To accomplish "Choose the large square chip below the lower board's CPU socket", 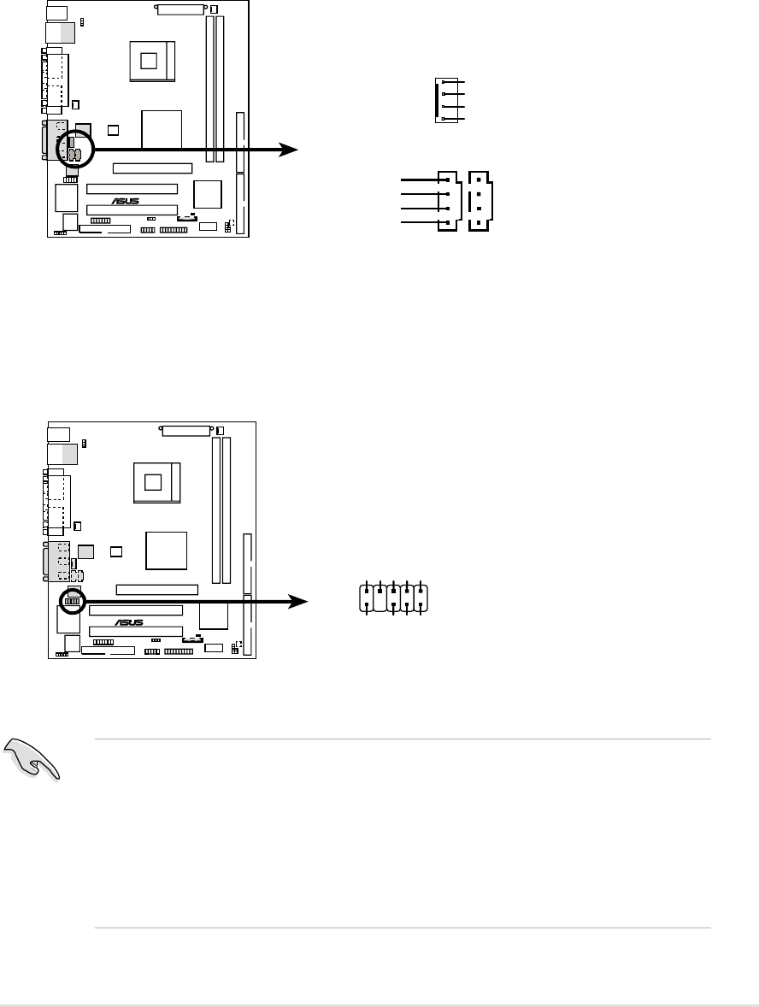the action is [167, 550].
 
